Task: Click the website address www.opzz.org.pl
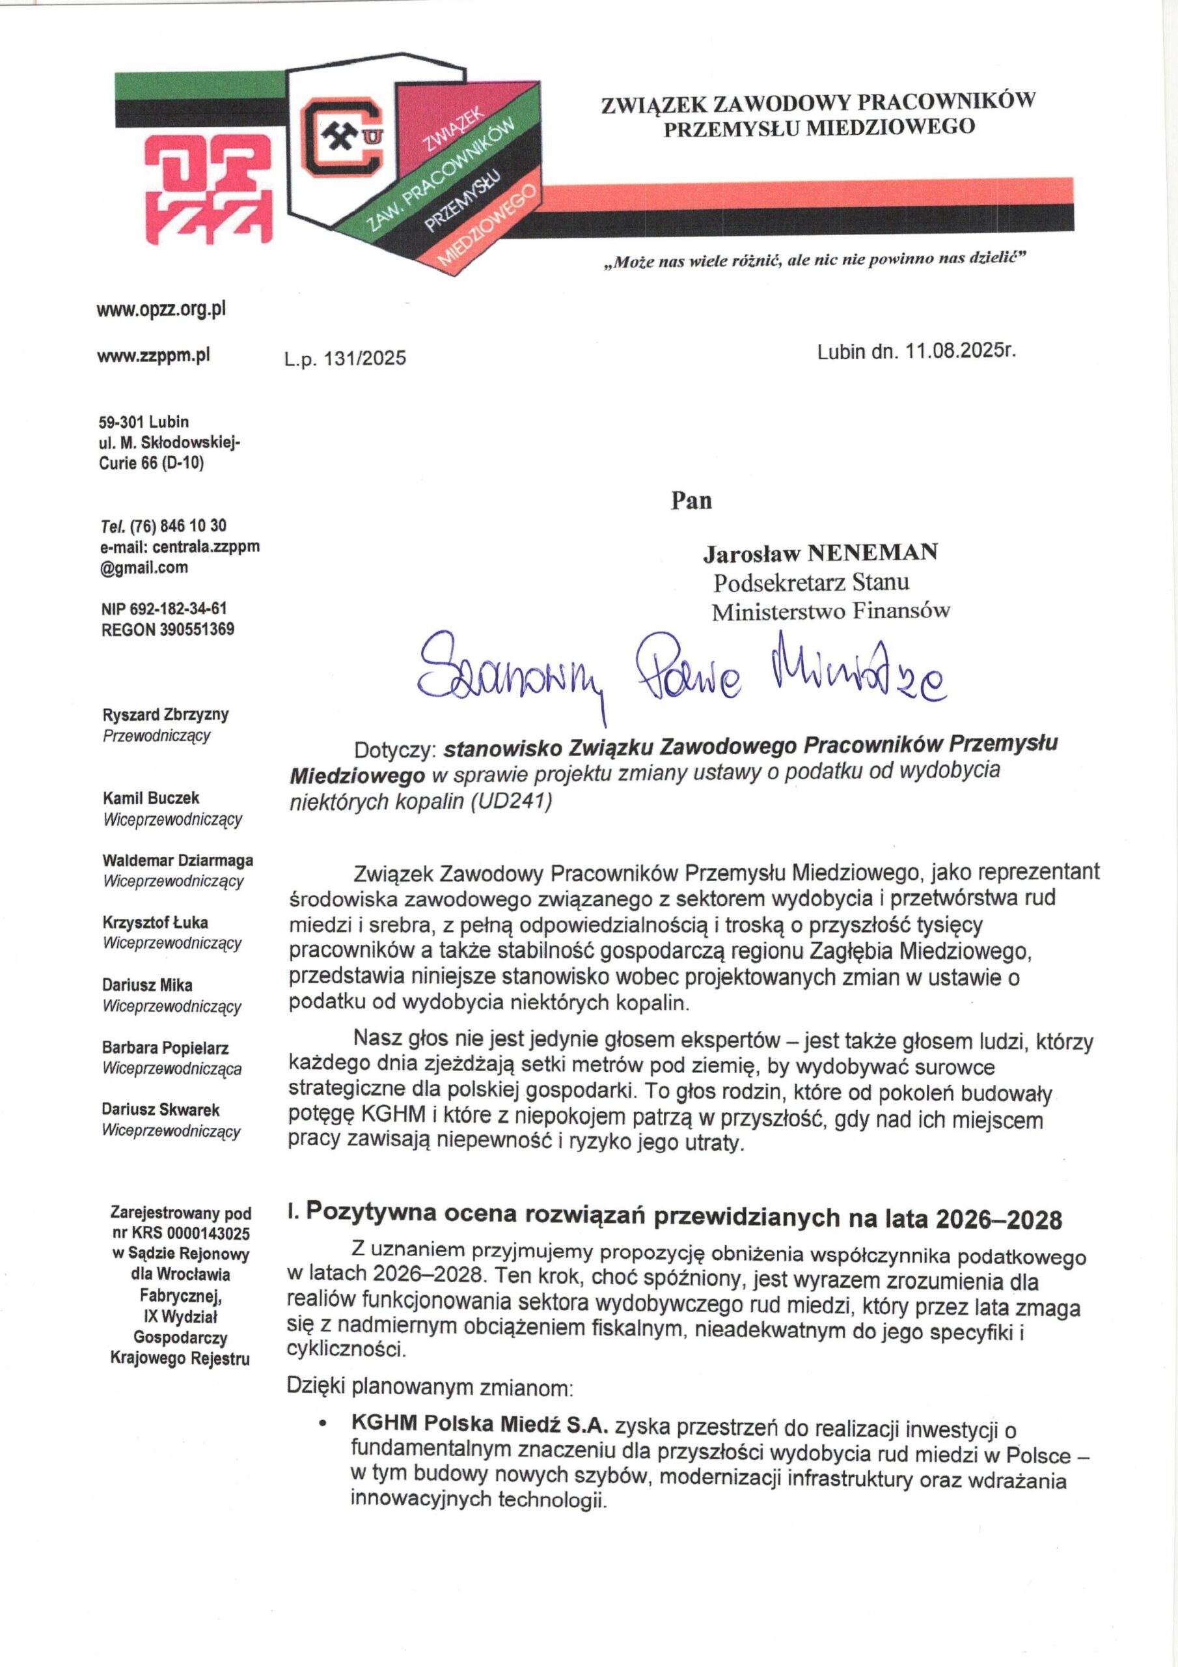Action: (x=161, y=309)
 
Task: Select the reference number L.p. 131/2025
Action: (x=345, y=358)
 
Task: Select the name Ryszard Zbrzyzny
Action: (x=165, y=714)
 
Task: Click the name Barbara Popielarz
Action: (x=165, y=1048)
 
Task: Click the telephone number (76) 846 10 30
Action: (x=178, y=525)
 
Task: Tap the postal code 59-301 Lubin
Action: (x=144, y=422)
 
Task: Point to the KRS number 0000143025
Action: (x=208, y=1233)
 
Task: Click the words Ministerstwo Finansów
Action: (x=830, y=612)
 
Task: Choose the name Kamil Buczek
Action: (x=151, y=798)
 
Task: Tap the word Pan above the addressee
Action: (x=691, y=501)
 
